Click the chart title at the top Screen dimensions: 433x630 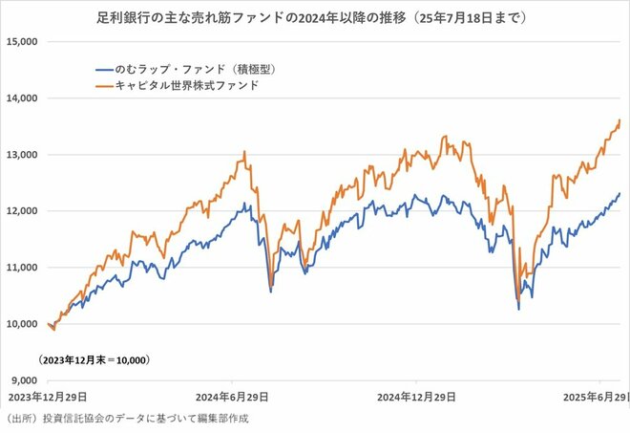coord(315,18)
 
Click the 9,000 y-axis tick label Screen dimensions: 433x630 coord(22,380)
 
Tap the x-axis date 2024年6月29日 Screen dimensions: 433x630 coord(232,396)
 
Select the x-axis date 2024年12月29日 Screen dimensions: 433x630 coord(415,396)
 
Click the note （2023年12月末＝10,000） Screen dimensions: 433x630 coord(94,360)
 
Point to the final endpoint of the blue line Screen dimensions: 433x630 coord(619,193)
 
